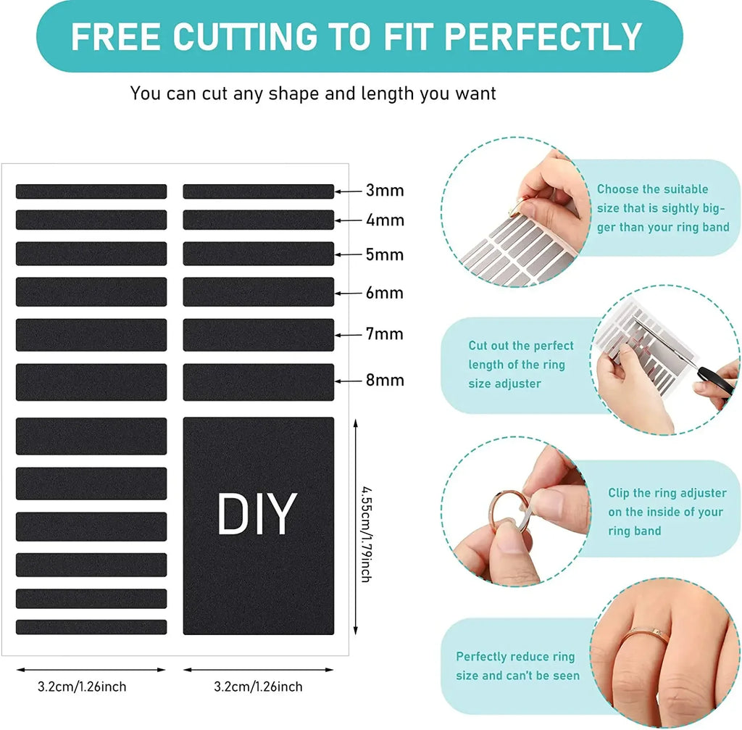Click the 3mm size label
[x=384, y=191]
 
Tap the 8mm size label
[x=384, y=380]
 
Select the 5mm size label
[x=384, y=254]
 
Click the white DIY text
[x=257, y=515]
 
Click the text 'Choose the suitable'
[x=652, y=189]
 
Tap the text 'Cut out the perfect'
[x=520, y=346]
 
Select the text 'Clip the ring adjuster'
[x=667, y=493]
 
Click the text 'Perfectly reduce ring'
[x=514, y=657]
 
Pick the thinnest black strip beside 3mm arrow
[x=258, y=191]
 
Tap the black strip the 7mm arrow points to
[x=258, y=335]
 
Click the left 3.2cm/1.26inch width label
[x=82, y=687]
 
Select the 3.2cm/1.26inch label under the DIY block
[x=258, y=687]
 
